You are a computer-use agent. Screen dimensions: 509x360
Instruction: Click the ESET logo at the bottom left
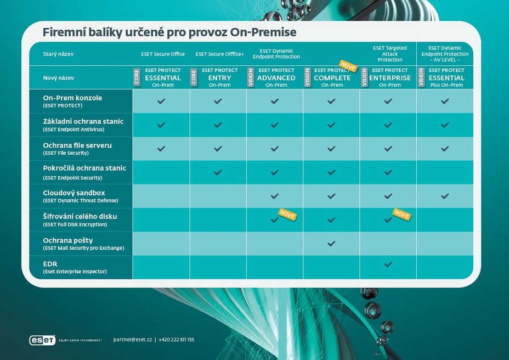(x=42, y=340)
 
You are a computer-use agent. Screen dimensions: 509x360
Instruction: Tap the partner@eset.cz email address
(x=132, y=340)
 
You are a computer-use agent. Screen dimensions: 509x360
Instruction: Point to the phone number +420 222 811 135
(x=176, y=340)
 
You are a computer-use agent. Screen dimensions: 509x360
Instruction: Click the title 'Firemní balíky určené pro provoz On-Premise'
(x=169, y=32)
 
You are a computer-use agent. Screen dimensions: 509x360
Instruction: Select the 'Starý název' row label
(x=59, y=54)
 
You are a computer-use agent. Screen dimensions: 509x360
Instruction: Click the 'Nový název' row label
(x=59, y=78)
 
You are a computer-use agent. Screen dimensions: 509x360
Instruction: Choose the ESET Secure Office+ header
(x=219, y=54)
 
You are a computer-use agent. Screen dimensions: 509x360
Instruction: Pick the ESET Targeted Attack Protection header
(x=389, y=54)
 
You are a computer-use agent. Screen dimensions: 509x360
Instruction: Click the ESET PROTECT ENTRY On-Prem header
(x=220, y=78)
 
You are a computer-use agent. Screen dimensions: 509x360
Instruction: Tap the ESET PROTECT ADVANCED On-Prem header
(x=276, y=78)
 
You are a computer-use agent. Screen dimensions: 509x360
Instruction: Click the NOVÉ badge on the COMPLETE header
(x=348, y=66)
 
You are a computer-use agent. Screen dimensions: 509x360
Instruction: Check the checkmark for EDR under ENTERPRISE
(x=388, y=265)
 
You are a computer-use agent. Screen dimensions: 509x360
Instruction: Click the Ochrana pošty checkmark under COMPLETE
(x=331, y=244)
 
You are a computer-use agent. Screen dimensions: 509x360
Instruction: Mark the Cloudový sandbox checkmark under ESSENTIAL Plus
(x=445, y=196)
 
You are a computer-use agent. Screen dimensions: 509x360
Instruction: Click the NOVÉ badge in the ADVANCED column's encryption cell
(x=287, y=215)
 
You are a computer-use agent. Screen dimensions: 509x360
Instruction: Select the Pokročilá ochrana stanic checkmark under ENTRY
(x=218, y=172)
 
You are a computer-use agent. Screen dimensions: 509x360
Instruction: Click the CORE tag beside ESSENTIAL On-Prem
(x=137, y=77)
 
